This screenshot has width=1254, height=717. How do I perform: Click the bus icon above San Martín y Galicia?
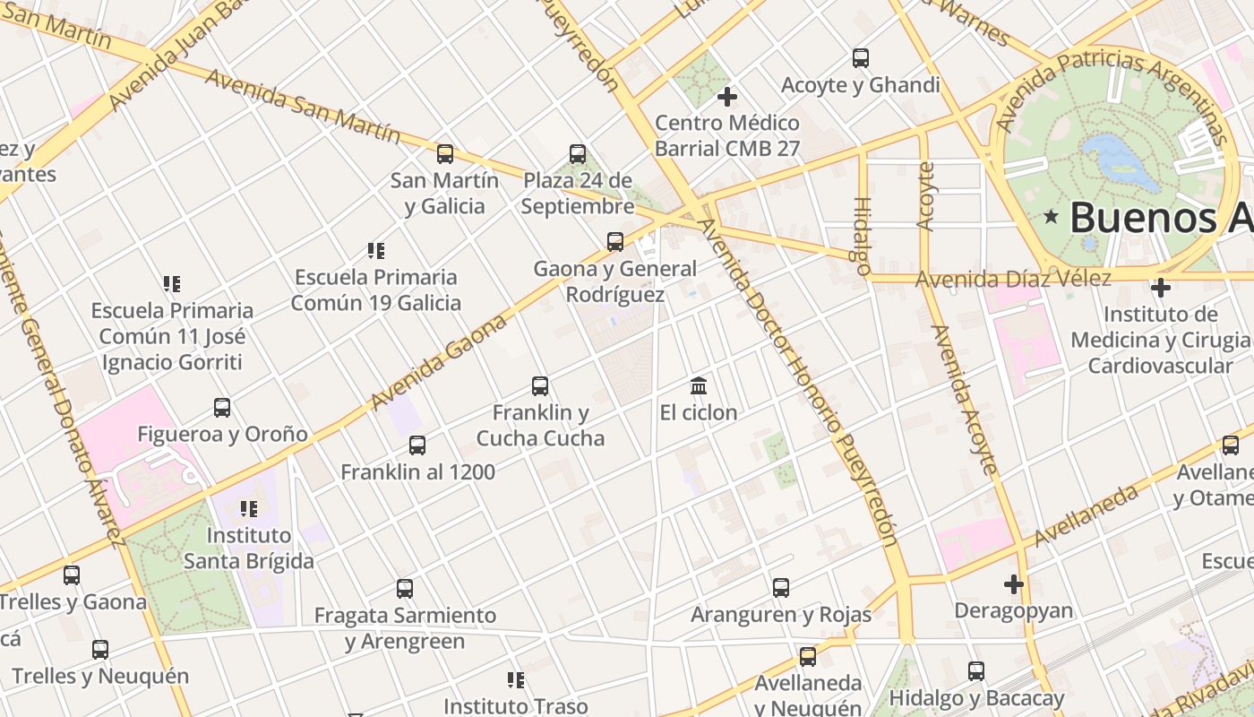point(445,154)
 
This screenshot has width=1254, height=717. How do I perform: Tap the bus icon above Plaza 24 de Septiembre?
point(578,154)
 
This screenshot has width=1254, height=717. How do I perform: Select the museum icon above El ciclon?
point(699,386)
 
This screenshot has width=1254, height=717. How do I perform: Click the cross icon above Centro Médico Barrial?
point(727,96)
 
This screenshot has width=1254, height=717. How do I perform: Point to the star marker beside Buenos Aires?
point(1051,217)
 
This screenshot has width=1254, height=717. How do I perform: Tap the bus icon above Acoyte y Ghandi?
point(861,58)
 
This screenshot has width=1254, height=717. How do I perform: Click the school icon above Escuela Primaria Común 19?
point(376,251)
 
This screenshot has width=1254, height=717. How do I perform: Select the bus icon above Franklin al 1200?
point(417,445)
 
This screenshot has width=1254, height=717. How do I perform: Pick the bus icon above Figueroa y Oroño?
point(222,408)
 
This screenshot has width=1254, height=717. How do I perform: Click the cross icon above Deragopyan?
point(1013,584)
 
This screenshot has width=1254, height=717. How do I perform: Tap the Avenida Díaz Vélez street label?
point(1013,279)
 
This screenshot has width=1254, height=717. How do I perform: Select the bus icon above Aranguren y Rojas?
point(781,588)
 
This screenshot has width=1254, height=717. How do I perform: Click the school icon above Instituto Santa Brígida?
point(249,509)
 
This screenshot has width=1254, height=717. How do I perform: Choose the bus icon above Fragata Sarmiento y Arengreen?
point(405,589)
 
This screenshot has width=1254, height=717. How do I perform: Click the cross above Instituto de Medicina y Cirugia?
point(1161,289)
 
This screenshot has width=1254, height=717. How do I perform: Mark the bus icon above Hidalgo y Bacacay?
point(976,671)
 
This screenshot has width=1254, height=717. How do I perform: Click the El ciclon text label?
point(699,412)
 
